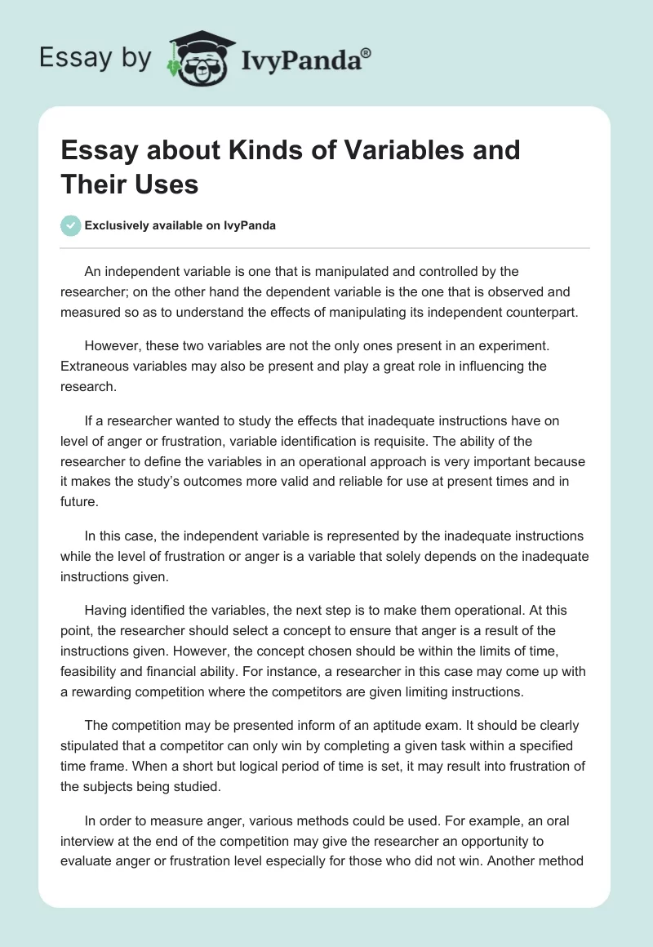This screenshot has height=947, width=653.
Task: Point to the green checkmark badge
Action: (x=71, y=226)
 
